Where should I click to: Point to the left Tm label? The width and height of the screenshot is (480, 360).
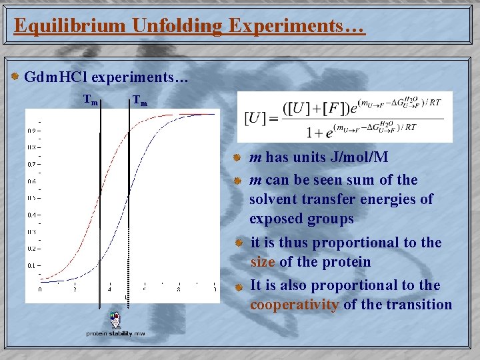[91, 101]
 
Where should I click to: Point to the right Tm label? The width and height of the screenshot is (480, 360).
[139, 101]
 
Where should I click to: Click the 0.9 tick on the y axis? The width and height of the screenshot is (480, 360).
[32, 131]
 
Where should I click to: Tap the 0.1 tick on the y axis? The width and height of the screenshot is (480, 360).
[32, 265]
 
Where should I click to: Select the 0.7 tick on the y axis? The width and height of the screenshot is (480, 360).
[32, 164]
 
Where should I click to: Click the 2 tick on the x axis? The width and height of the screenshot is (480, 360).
[75, 289]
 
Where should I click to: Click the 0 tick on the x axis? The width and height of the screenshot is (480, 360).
[40, 289]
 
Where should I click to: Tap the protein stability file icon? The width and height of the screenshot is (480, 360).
[115, 319]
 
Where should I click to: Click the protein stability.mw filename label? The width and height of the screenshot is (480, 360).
[115, 333]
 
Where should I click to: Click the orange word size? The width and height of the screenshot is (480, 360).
[263, 262]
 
